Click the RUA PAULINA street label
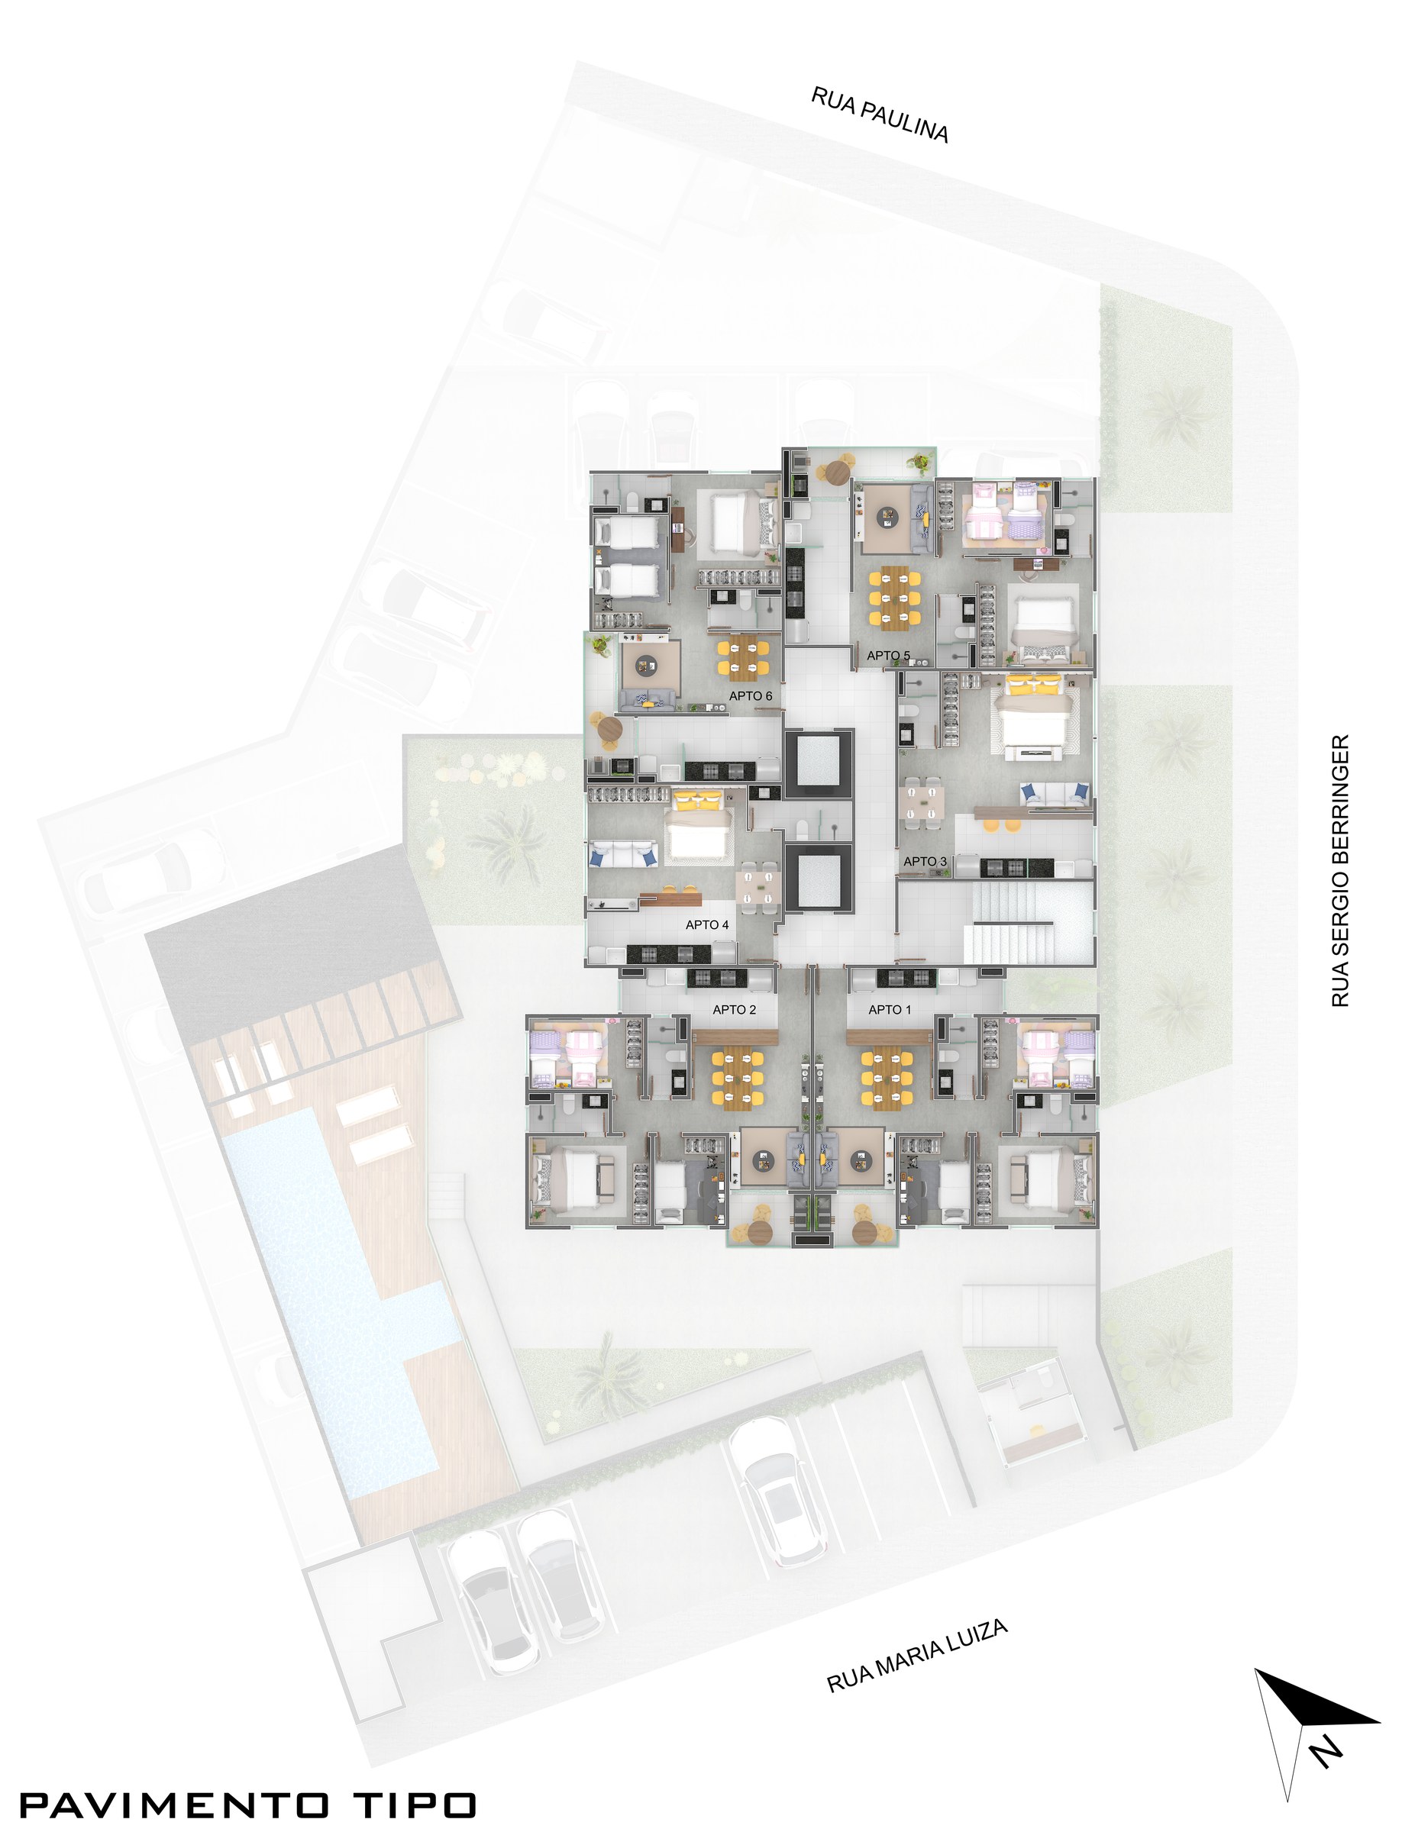(x=880, y=115)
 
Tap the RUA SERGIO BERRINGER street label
(x=1339, y=870)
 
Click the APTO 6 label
(x=750, y=695)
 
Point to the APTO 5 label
(x=888, y=656)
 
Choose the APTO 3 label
(x=925, y=861)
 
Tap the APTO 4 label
(x=707, y=924)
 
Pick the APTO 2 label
(x=735, y=1009)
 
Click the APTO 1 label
(x=890, y=1009)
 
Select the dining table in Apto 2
(x=737, y=1080)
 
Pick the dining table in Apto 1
(x=887, y=1080)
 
